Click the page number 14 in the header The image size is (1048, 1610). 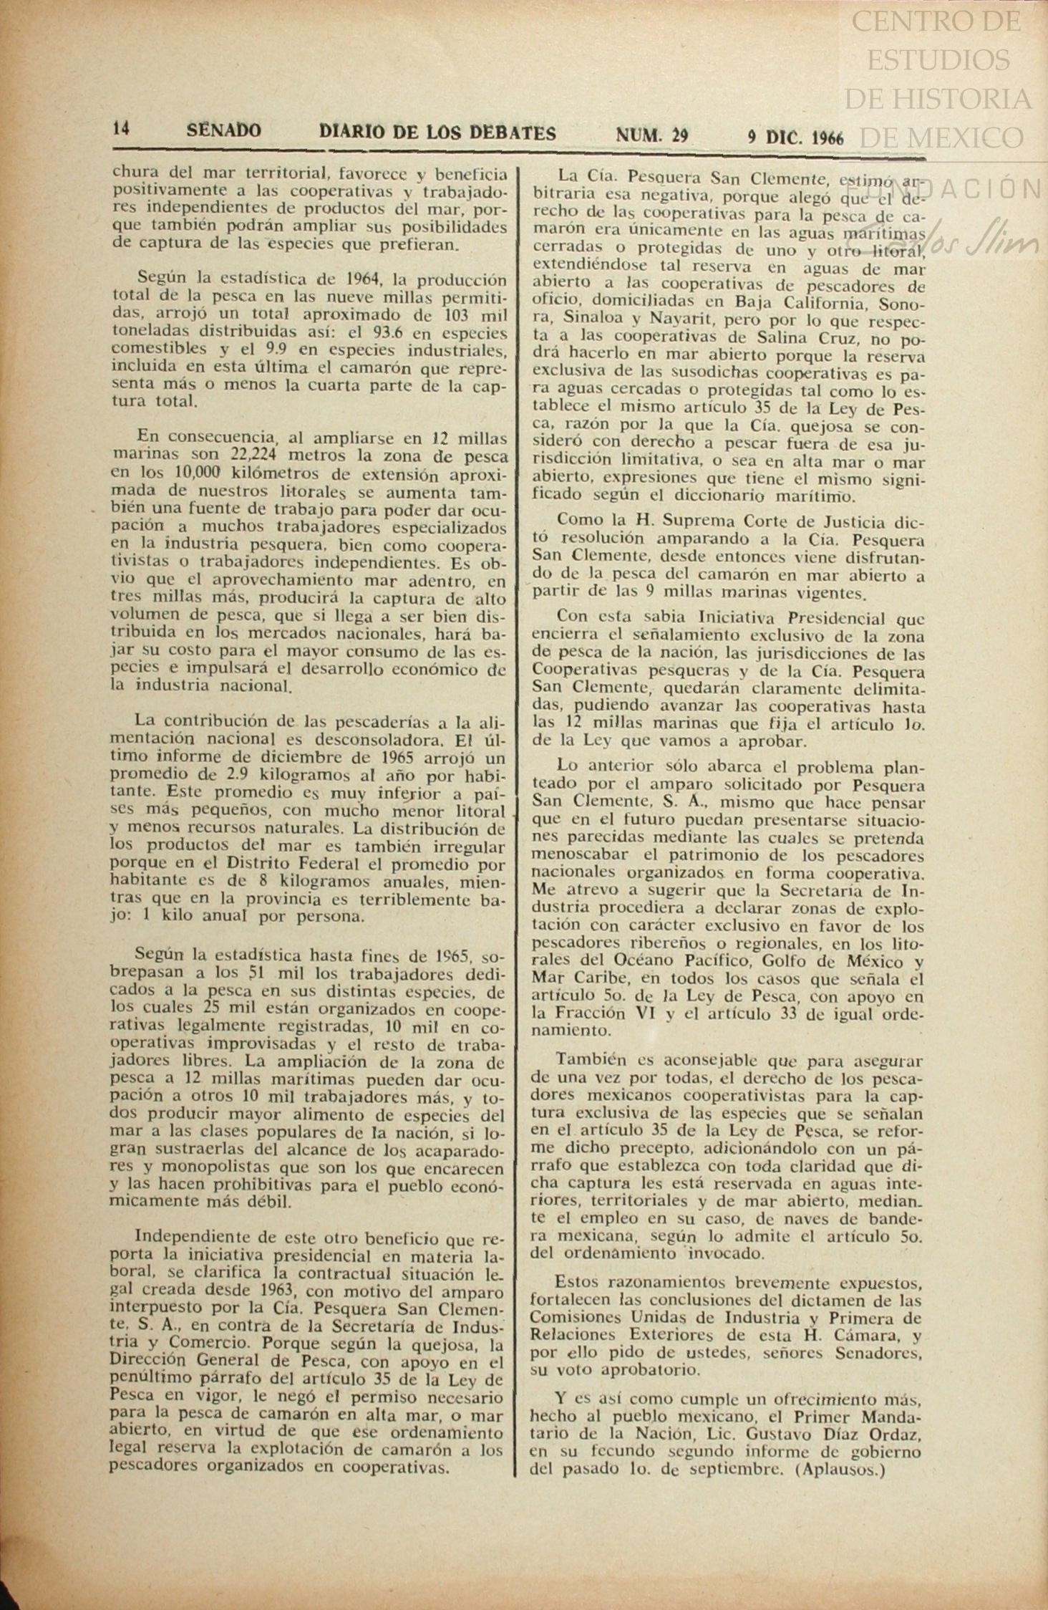click(120, 129)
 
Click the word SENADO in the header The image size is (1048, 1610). click(223, 131)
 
